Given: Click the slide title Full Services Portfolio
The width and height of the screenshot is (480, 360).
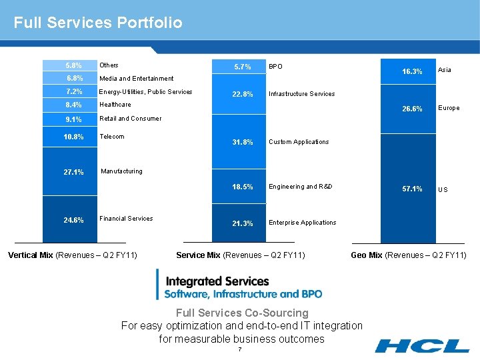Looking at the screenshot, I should click(x=97, y=23).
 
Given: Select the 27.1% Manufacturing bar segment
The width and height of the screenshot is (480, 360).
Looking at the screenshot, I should click(x=69, y=172).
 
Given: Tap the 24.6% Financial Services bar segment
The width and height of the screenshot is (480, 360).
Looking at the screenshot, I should click(x=69, y=219).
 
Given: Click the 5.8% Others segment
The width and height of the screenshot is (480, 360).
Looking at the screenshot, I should click(x=69, y=65).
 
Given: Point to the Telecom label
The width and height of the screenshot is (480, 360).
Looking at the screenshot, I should click(x=111, y=137).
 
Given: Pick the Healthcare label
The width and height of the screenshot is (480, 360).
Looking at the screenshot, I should click(x=115, y=105).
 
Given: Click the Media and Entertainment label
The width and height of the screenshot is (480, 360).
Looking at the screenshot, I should click(x=136, y=79).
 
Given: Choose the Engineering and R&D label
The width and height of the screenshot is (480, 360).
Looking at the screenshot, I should click(x=300, y=187).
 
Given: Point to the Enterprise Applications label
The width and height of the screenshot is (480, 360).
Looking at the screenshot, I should click(x=302, y=223).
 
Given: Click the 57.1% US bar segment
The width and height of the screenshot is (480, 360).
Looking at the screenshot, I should click(x=407, y=189).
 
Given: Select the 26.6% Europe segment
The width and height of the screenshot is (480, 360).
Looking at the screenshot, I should click(x=407, y=108).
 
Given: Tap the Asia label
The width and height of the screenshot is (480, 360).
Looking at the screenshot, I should click(x=444, y=70).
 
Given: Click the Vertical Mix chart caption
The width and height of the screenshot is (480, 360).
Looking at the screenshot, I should click(x=72, y=255).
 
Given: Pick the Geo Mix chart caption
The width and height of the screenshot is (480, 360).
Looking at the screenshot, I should click(x=409, y=255).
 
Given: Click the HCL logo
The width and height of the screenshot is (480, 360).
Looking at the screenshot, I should click(x=421, y=345).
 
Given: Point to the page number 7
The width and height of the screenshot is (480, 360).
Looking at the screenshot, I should click(x=239, y=350).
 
